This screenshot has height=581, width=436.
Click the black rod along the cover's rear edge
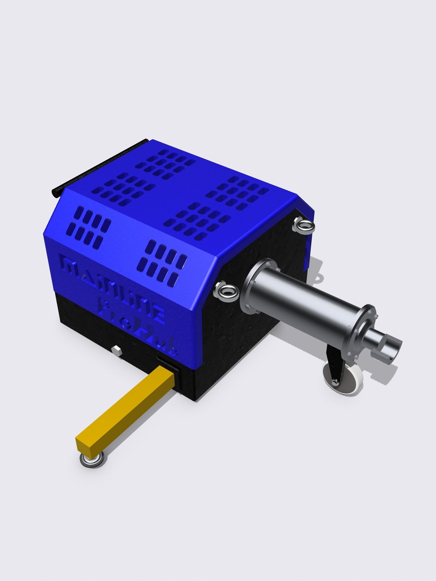pos(100,165)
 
